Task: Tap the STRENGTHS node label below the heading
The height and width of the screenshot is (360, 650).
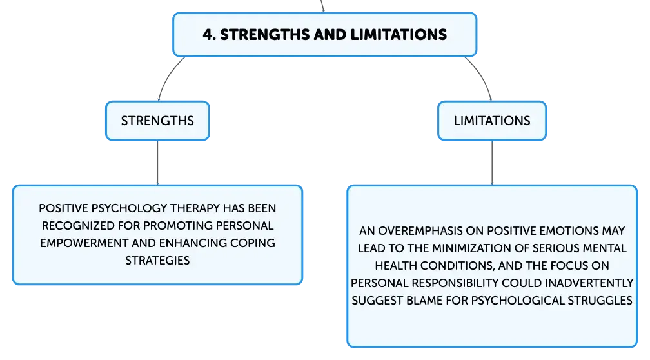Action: (157, 121)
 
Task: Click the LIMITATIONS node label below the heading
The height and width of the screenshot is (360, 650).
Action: (492, 121)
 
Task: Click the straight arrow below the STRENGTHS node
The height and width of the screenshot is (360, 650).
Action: (157, 163)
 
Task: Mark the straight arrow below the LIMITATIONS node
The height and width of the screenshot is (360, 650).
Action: (492, 163)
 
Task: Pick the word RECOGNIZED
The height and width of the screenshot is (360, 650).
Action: (78, 226)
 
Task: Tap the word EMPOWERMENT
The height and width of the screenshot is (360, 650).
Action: (84, 243)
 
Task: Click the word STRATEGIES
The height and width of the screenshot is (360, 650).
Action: (157, 261)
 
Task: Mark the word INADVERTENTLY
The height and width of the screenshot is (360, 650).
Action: (589, 283)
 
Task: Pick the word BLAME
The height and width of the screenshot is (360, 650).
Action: (424, 300)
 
